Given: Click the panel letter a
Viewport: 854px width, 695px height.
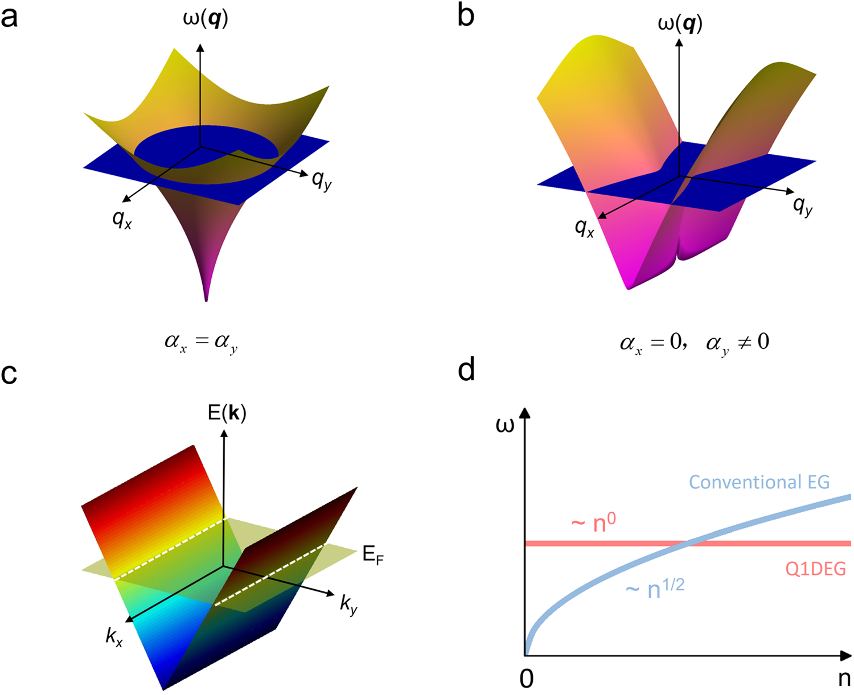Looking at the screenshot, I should pos(10,17).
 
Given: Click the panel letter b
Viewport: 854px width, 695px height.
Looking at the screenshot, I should pos(466,16).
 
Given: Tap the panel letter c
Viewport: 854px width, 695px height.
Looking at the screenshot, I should pos(9,373).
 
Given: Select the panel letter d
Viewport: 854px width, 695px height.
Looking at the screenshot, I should pos(466,371).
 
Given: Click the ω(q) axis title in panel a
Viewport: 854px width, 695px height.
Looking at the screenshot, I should pos(206,19).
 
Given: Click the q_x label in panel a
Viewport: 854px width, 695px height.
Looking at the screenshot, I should pos(122,219).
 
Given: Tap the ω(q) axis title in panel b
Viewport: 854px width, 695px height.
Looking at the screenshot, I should pos(680,24).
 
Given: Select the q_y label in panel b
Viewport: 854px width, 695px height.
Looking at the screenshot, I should pos(803,205).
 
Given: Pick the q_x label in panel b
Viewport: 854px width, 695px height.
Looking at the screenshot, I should pos(585,228).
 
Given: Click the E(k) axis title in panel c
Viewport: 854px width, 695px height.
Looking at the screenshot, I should pos(227,413).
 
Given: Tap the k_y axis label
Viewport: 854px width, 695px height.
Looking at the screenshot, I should pos(349,604).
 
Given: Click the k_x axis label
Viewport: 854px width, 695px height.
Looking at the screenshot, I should pos(114,636).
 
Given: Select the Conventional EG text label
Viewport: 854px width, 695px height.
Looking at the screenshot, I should pos(759,482).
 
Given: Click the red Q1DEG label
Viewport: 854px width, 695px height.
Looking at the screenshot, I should pos(815,569).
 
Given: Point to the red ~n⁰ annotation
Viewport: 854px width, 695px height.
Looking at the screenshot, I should pos(593,523).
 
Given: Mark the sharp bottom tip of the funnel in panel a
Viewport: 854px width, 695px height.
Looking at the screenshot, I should pos(206,300).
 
